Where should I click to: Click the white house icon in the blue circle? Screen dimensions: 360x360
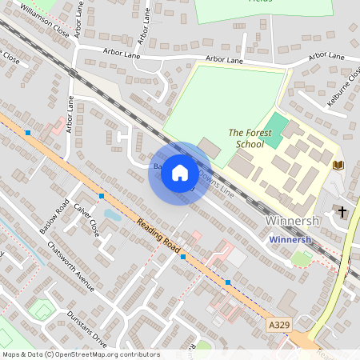[180, 173]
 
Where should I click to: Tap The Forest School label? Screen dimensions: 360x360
[246, 138]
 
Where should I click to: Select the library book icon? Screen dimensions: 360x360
[338, 165]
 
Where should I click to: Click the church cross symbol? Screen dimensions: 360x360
[342, 211]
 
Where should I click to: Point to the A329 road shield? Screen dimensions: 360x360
[278, 326]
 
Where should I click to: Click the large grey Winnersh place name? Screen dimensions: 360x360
[292, 221]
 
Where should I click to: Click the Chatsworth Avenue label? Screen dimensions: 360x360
[70, 266]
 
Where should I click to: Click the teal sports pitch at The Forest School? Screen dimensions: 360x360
[274, 131]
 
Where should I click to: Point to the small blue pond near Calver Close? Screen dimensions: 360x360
[113, 214]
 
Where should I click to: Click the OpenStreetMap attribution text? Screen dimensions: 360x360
[81, 354]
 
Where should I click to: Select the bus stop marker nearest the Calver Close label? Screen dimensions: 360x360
[101, 195]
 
